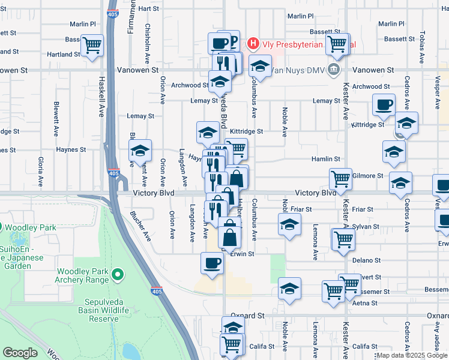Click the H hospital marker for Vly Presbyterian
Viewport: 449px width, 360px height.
(253, 44)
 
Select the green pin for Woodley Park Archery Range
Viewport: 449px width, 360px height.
(118, 275)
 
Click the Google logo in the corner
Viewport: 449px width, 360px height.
(19, 353)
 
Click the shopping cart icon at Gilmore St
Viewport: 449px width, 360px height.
(340, 178)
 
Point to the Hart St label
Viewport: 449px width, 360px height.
(148, 8)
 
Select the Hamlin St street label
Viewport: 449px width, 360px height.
(325, 159)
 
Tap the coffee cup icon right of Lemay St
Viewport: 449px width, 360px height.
(383, 104)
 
